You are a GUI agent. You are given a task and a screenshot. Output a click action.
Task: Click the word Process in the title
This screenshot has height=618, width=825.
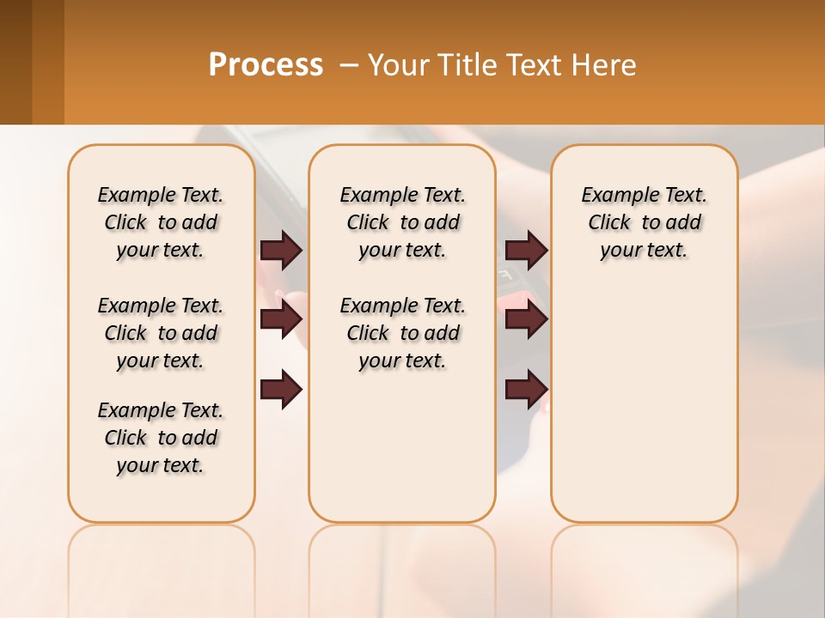coord(266,65)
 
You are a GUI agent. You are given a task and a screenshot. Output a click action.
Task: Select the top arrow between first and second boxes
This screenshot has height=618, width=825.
coord(281,250)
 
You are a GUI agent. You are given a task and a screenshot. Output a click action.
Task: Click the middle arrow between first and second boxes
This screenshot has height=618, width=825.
coord(281,319)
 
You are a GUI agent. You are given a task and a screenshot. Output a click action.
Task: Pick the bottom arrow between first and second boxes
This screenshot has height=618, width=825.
coord(281,390)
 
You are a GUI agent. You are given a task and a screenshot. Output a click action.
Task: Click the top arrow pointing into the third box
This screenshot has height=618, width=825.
coord(526,250)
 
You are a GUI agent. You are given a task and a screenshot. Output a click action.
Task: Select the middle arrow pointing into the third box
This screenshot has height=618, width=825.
coord(526,319)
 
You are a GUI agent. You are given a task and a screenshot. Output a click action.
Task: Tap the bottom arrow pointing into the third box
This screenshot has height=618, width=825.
coord(526,390)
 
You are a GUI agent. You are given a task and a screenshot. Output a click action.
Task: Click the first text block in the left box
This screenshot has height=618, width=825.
coord(161,222)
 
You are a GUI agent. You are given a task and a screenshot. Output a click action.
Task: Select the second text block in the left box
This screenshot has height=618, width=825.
coord(161,333)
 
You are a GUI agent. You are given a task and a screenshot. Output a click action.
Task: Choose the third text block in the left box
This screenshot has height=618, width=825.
coord(161,438)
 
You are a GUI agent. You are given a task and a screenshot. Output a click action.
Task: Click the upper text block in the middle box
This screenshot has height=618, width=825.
coord(402,222)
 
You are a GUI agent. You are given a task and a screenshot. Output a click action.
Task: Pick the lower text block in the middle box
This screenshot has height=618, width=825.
coord(402,333)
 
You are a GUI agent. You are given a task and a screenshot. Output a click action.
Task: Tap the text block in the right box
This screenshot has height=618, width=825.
coord(644,222)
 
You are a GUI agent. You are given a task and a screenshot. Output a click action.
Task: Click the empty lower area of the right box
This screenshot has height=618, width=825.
coord(644,403)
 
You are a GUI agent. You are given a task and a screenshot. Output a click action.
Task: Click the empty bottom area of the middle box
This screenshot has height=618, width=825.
coord(402,455)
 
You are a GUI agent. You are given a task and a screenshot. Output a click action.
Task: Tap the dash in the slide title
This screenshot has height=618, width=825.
coord(350,65)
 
